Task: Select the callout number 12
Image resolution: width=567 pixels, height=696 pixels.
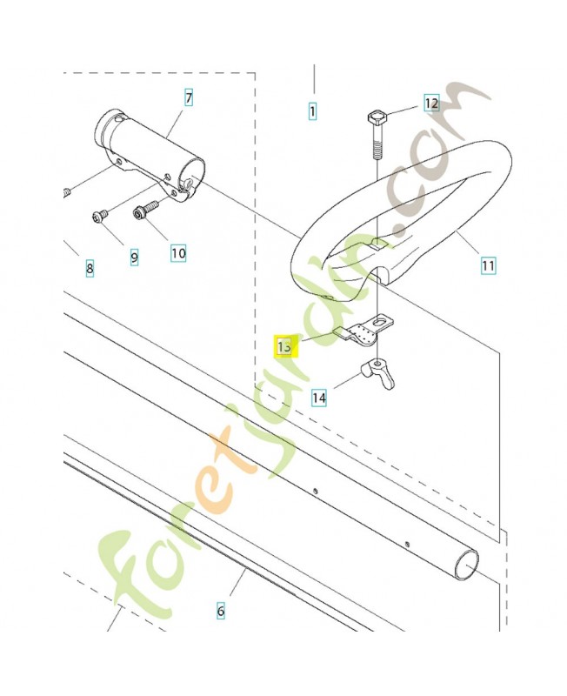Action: tap(431, 104)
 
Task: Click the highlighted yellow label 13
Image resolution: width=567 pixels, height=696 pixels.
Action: tap(285, 346)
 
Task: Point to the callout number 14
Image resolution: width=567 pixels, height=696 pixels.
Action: tap(320, 398)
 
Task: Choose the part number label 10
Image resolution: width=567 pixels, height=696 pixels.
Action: tap(177, 253)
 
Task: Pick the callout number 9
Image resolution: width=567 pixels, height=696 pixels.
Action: tap(134, 257)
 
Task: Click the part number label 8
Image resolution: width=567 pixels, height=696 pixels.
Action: tap(90, 269)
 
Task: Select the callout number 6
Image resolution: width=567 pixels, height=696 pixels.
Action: tap(220, 611)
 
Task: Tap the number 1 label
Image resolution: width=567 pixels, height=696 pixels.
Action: tap(312, 111)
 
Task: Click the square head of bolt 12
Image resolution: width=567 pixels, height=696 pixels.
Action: tap(378, 117)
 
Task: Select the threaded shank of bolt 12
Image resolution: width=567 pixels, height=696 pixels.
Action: tap(378, 144)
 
